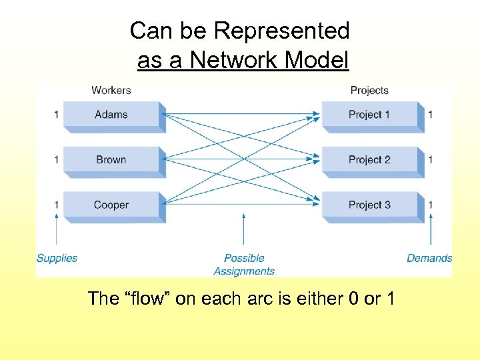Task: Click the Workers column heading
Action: tap(111, 90)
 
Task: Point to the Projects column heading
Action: tap(369, 90)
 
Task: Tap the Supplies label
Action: tap(57, 258)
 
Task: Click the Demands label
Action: tap(429, 258)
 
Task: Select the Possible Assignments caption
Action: tap(244, 265)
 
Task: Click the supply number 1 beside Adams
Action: tap(57, 115)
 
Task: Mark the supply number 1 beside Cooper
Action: tap(57, 205)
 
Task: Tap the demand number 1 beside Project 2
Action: tap(430, 160)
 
